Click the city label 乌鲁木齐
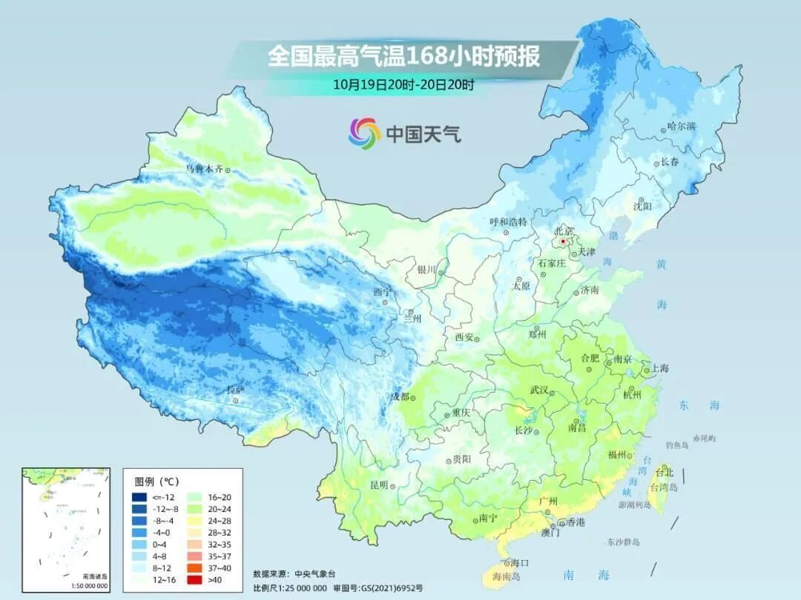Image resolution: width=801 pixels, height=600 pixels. point(203,169)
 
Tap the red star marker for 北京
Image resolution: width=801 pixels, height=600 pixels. point(564,241)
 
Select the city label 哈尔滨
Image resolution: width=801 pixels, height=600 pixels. point(682,127)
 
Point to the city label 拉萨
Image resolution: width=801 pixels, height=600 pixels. point(235,390)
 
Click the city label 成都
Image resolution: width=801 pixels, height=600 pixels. point(400,396)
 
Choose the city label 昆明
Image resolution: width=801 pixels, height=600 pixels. point(379,484)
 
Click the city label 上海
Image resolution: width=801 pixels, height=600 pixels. point(659,368)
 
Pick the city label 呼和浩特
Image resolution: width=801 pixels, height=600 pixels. point(508,221)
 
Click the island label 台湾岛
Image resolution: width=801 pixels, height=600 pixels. point(664,487)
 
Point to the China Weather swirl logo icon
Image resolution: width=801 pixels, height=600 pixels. point(364,133)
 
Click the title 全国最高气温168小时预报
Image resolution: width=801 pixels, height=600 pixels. point(403,57)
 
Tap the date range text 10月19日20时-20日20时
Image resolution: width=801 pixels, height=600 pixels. point(403,84)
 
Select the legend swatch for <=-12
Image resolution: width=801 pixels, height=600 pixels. point(139,497)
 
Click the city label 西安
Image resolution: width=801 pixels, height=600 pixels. point(464,338)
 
